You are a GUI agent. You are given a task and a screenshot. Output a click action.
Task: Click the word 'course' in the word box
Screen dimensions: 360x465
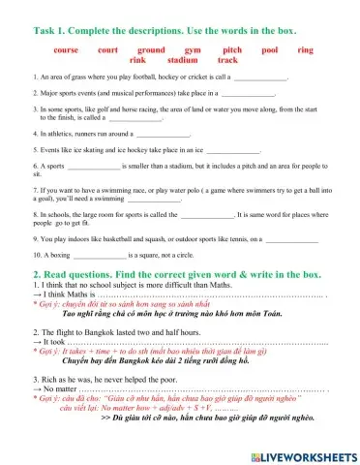[67, 47]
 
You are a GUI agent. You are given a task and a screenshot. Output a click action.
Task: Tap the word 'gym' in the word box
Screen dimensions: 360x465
[192, 47]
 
